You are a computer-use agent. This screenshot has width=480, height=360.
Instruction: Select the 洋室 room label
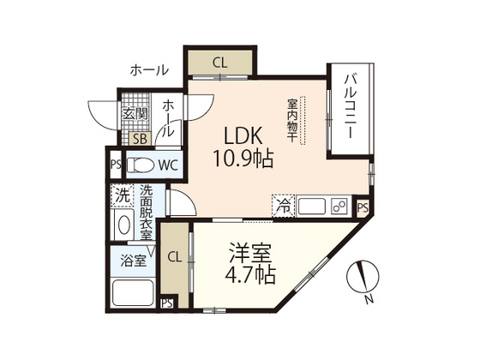[x=251, y=254]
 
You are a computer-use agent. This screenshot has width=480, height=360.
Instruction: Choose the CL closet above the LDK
[x=220, y=62]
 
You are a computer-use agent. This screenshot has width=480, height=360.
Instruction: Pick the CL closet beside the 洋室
[x=174, y=256]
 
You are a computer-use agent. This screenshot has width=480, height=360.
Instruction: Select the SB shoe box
[x=137, y=138]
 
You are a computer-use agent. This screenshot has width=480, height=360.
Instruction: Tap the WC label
[x=167, y=165]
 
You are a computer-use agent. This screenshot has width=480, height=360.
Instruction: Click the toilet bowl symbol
[x=143, y=165]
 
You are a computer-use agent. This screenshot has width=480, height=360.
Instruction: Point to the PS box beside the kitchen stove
[x=363, y=207]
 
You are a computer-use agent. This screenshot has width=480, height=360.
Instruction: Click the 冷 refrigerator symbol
[x=281, y=206]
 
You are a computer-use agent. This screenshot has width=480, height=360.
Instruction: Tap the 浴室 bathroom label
[x=132, y=260]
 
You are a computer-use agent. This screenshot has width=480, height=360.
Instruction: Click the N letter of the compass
[x=367, y=300]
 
